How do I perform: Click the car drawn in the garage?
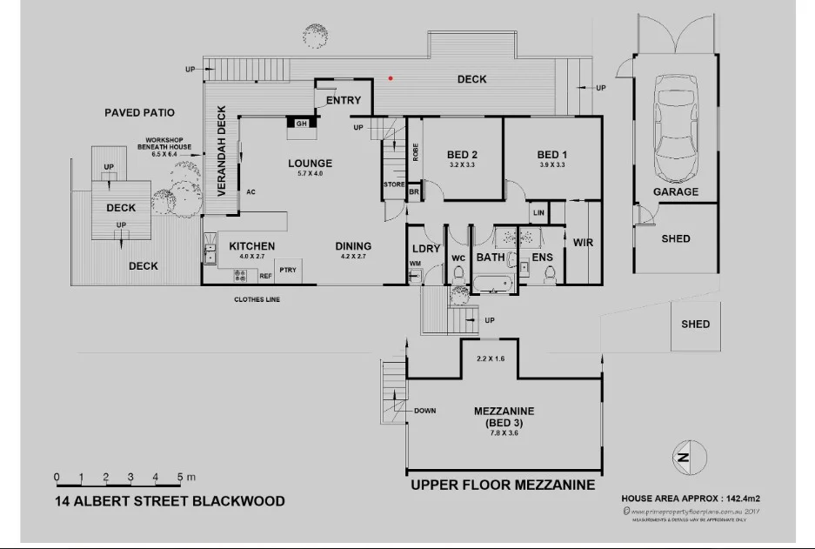675,127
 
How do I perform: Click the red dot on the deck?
391,78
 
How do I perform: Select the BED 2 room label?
463,155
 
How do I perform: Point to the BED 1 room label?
551,155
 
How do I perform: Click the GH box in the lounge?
302,124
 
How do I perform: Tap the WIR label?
583,243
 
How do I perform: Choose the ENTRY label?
343,100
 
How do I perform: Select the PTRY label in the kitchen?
287,270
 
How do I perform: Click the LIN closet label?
538,212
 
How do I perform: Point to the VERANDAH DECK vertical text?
223,150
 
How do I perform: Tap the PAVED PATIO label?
139,113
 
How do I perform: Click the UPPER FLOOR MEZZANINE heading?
503,485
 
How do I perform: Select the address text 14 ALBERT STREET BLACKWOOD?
170,501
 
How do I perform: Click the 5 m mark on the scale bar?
180,477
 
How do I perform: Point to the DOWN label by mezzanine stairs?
425,411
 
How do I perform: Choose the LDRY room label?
426,249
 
